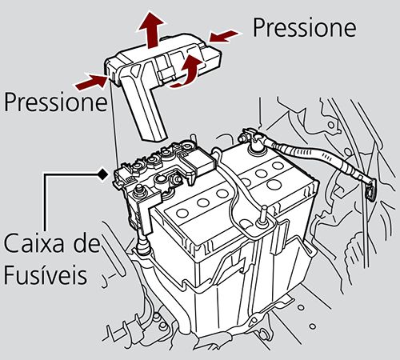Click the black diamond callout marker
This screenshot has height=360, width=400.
pos(102,172)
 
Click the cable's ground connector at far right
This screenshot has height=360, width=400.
pos(370,192)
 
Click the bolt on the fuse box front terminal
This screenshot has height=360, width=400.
pos(141,191)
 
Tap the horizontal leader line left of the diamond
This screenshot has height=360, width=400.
pos(72,172)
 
